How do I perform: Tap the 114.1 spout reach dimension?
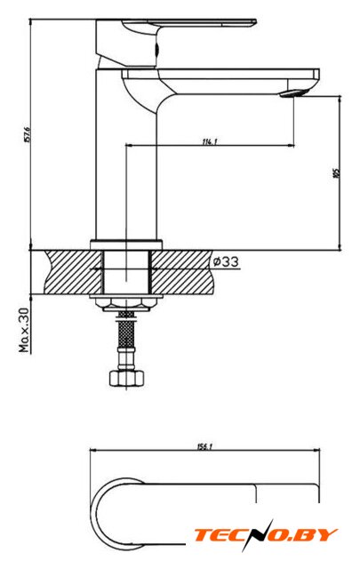[210, 141]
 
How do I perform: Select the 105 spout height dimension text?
[336, 173]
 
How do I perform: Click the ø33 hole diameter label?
[226, 261]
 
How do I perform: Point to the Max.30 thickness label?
[24, 330]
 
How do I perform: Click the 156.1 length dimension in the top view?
[204, 446]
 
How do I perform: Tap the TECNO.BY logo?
[265, 535]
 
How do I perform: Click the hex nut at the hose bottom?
[126, 378]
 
